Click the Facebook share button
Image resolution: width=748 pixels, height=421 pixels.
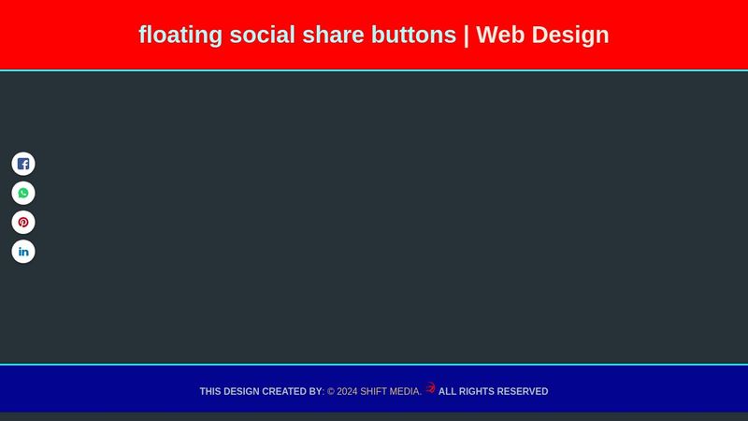pyautogui.click(x=23, y=164)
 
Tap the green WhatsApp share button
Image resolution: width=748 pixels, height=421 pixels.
pyautogui.click(x=23, y=193)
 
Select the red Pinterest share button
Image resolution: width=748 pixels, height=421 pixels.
pyautogui.click(x=23, y=223)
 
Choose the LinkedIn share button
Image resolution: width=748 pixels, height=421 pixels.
pyautogui.click(x=23, y=252)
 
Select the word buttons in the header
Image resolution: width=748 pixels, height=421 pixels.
pyautogui.click(x=412, y=35)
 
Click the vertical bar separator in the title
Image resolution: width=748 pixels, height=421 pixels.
pyautogui.click(x=467, y=35)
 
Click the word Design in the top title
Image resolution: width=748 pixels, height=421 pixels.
pyautogui.click(x=572, y=35)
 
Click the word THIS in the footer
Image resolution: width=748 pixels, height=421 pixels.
pyautogui.click(x=210, y=392)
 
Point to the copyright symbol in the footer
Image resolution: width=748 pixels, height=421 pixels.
pyautogui.click(x=331, y=392)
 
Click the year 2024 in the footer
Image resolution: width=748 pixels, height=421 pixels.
pyautogui.click(x=347, y=392)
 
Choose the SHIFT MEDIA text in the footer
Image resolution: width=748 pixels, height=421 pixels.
pyautogui.click(x=390, y=392)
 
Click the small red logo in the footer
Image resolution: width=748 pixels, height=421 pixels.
pyautogui.click(x=430, y=388)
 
